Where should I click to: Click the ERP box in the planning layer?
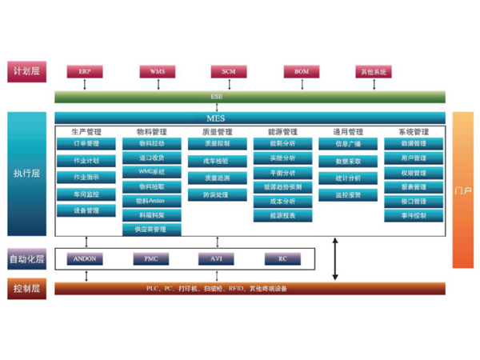85,72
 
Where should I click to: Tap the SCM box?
229,72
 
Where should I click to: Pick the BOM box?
301,72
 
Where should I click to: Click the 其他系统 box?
373,72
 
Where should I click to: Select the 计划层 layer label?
26,72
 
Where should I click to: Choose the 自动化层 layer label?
26,259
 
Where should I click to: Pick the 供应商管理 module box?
152,230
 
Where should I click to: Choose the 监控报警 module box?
348,194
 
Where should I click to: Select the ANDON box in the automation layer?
85,259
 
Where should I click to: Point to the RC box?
282,259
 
